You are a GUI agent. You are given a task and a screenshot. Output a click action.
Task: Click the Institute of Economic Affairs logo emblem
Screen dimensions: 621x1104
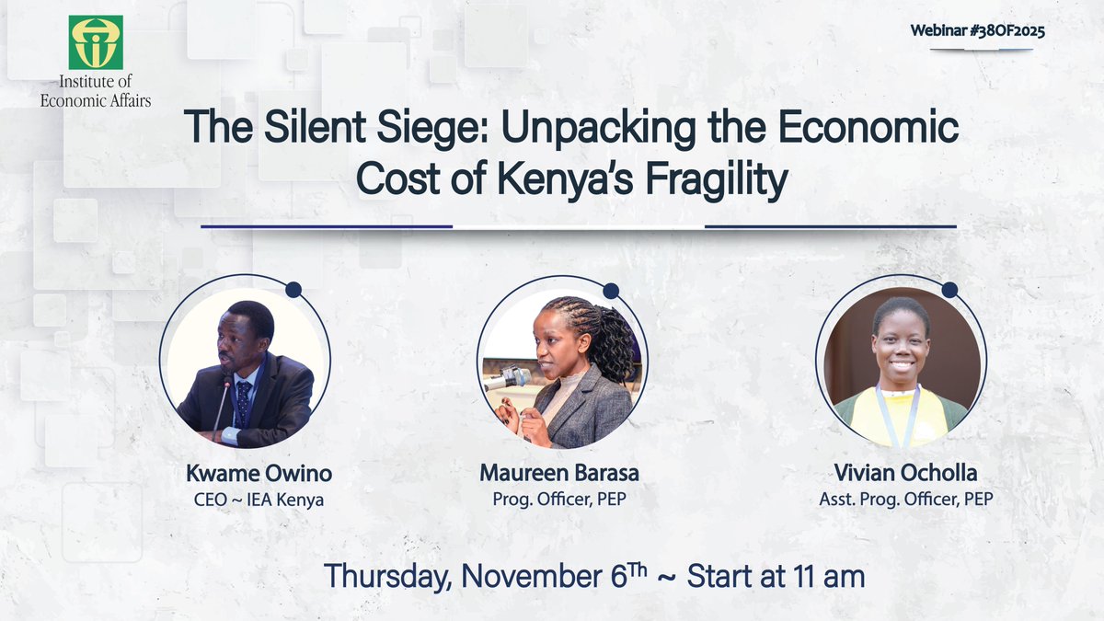point(96,42)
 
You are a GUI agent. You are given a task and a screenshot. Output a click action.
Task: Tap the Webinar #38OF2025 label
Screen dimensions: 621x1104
point(977,30)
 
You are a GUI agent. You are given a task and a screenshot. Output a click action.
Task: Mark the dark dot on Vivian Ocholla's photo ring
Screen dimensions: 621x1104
point(949,290)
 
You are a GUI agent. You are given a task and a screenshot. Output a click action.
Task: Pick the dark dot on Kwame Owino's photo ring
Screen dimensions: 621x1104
point(293,290)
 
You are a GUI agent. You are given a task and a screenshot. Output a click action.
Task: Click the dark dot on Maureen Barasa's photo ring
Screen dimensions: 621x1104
point(611,290)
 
